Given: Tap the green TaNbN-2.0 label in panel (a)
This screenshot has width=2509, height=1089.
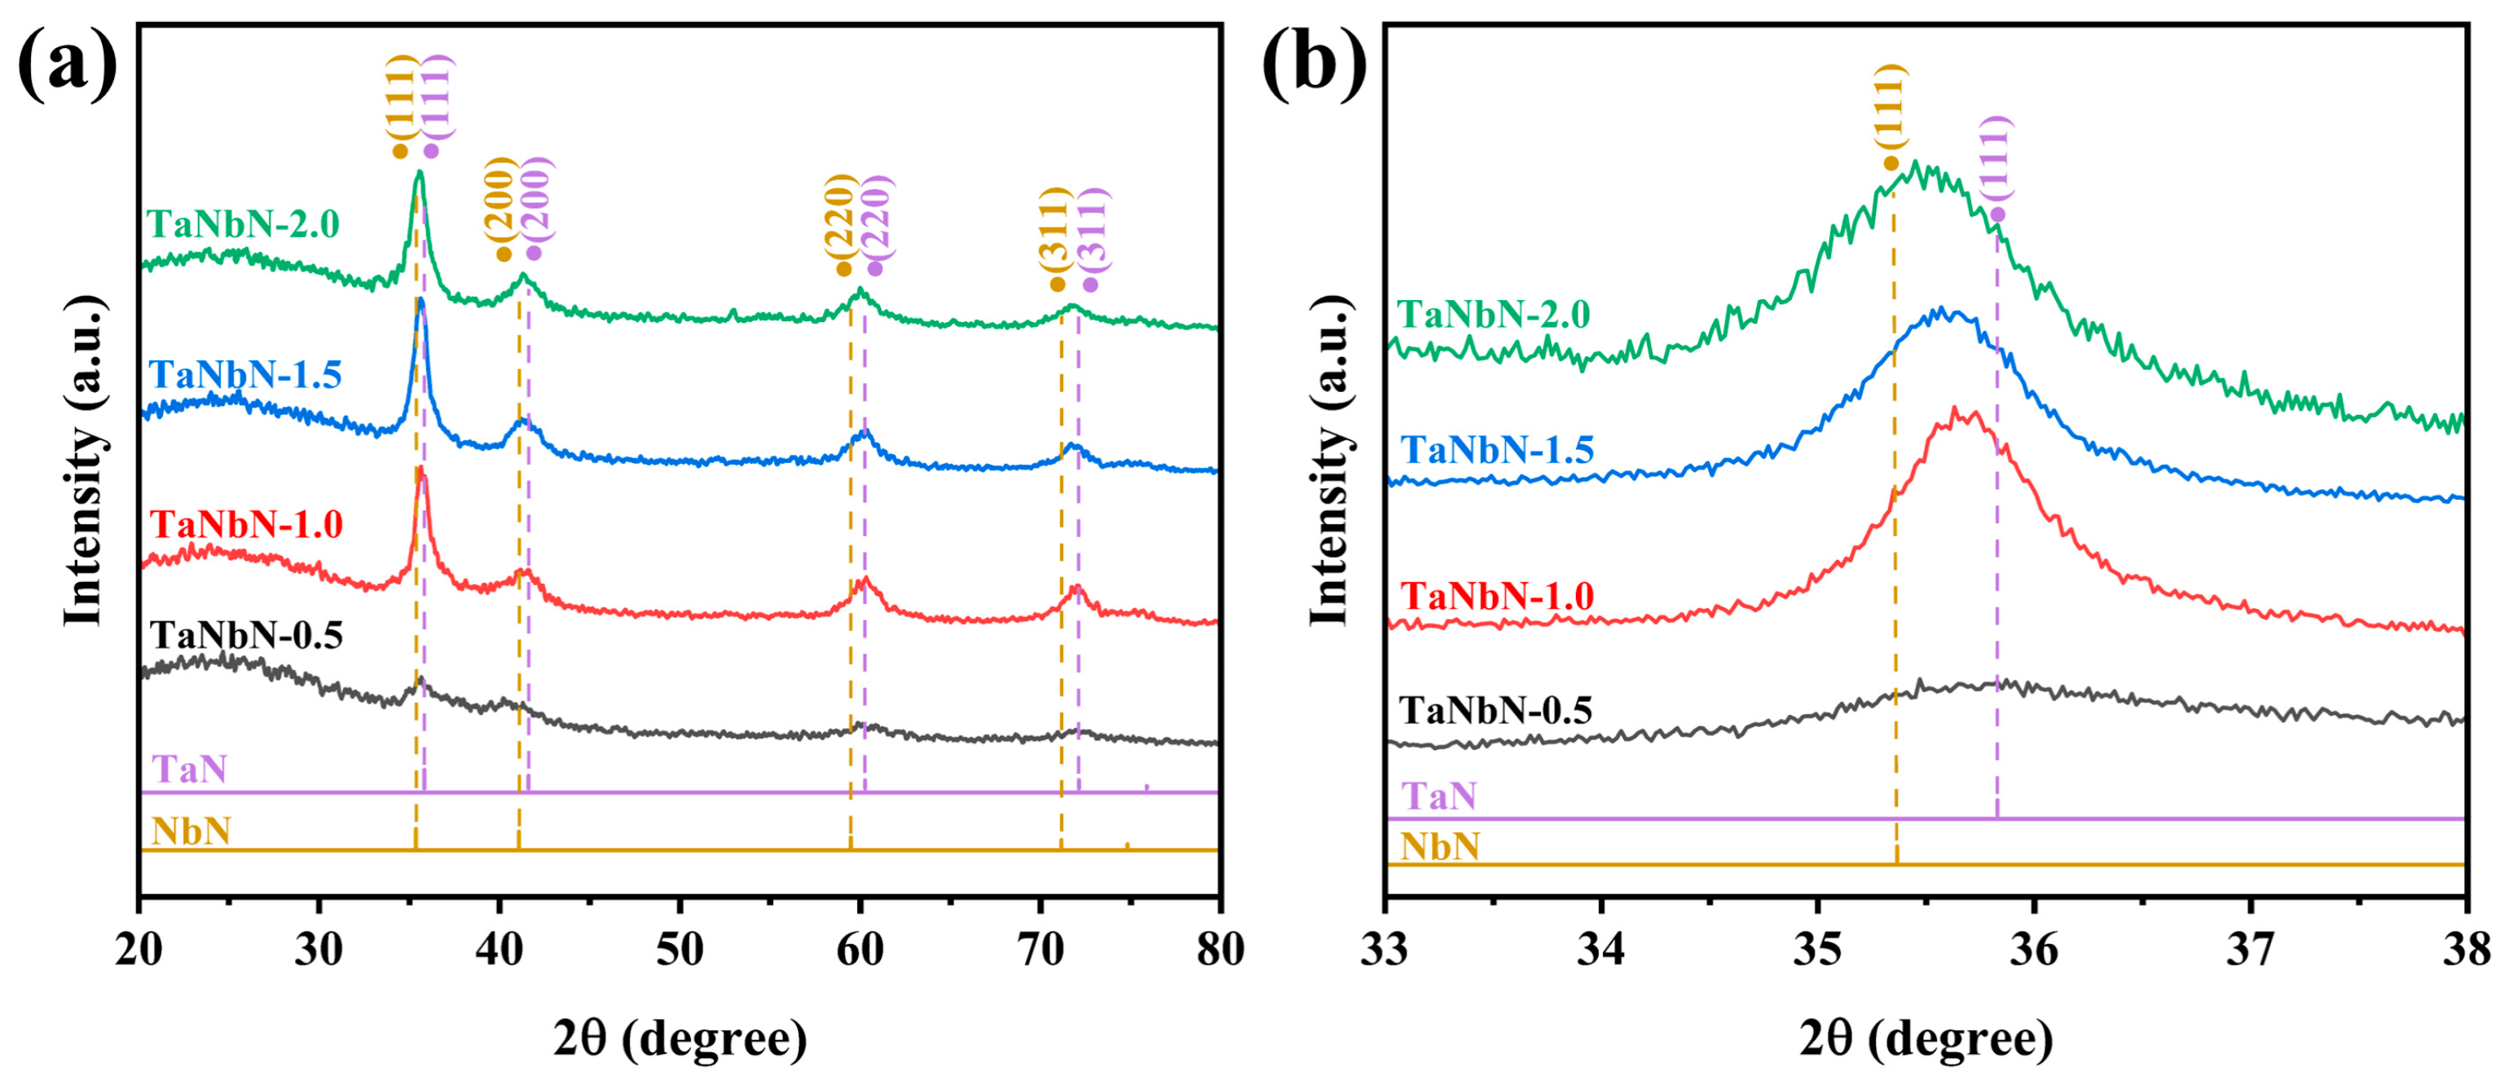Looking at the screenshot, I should click(x=244, y=225).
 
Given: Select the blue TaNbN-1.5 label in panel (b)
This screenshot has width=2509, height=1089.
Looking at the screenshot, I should click(x=1497, y=450).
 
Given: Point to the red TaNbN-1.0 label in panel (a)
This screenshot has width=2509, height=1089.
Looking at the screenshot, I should click(x=245, y=525).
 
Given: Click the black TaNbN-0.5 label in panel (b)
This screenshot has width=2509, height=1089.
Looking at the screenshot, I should click(x=1495, y=710).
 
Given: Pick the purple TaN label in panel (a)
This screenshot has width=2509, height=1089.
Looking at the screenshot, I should click(x=189, y=770).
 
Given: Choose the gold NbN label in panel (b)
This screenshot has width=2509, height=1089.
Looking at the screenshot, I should click(x=1440, y=846).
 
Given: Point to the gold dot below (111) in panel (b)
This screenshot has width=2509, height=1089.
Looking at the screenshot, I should click(x=1891, y=164).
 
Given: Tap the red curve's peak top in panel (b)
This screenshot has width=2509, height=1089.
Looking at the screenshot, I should click(x=1954, y=409).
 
